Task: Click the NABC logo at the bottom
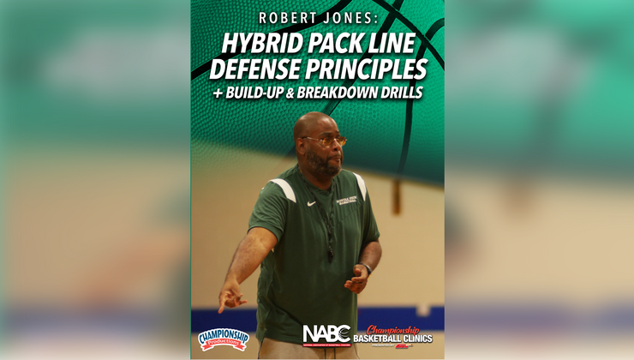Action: pos(325,334)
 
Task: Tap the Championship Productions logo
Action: pos(223,339)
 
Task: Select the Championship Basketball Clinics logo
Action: pos(393,335)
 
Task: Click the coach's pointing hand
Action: pos(228,297)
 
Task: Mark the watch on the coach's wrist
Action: pos(366,268)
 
